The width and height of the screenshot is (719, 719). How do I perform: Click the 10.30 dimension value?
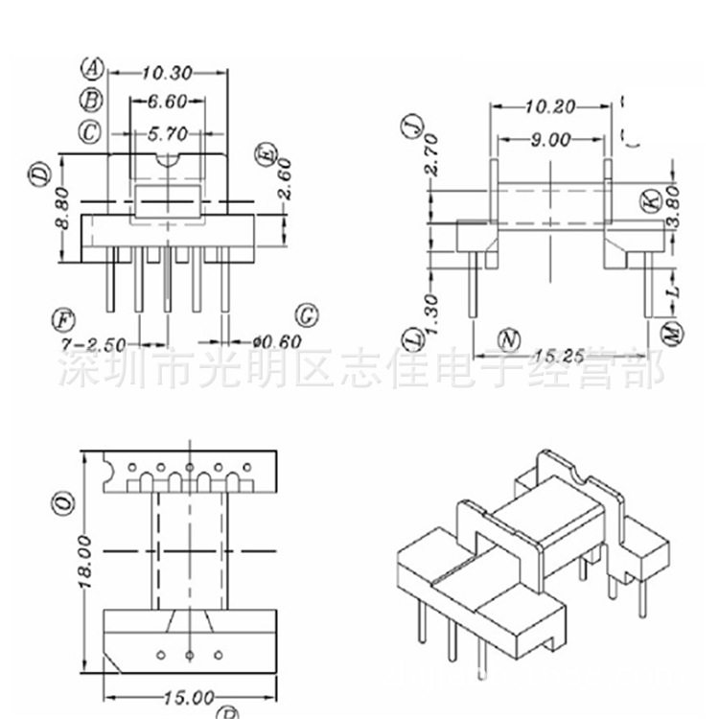(168, 73)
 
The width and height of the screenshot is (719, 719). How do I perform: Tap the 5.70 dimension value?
(167, 133)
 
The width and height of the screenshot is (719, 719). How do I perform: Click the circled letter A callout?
(92, 68)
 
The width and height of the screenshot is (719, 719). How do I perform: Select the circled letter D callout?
(39, 175)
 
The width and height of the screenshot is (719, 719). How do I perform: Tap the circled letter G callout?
(307, 316)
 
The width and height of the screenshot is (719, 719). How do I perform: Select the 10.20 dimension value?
(548, 106)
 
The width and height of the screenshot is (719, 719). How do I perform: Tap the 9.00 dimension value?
(550, 140)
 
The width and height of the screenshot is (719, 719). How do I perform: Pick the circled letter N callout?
(509, 337)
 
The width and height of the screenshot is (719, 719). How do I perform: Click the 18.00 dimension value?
(84, 561)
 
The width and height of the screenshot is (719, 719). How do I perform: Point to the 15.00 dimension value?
(188, 697)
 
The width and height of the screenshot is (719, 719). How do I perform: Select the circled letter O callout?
(63, 500)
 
